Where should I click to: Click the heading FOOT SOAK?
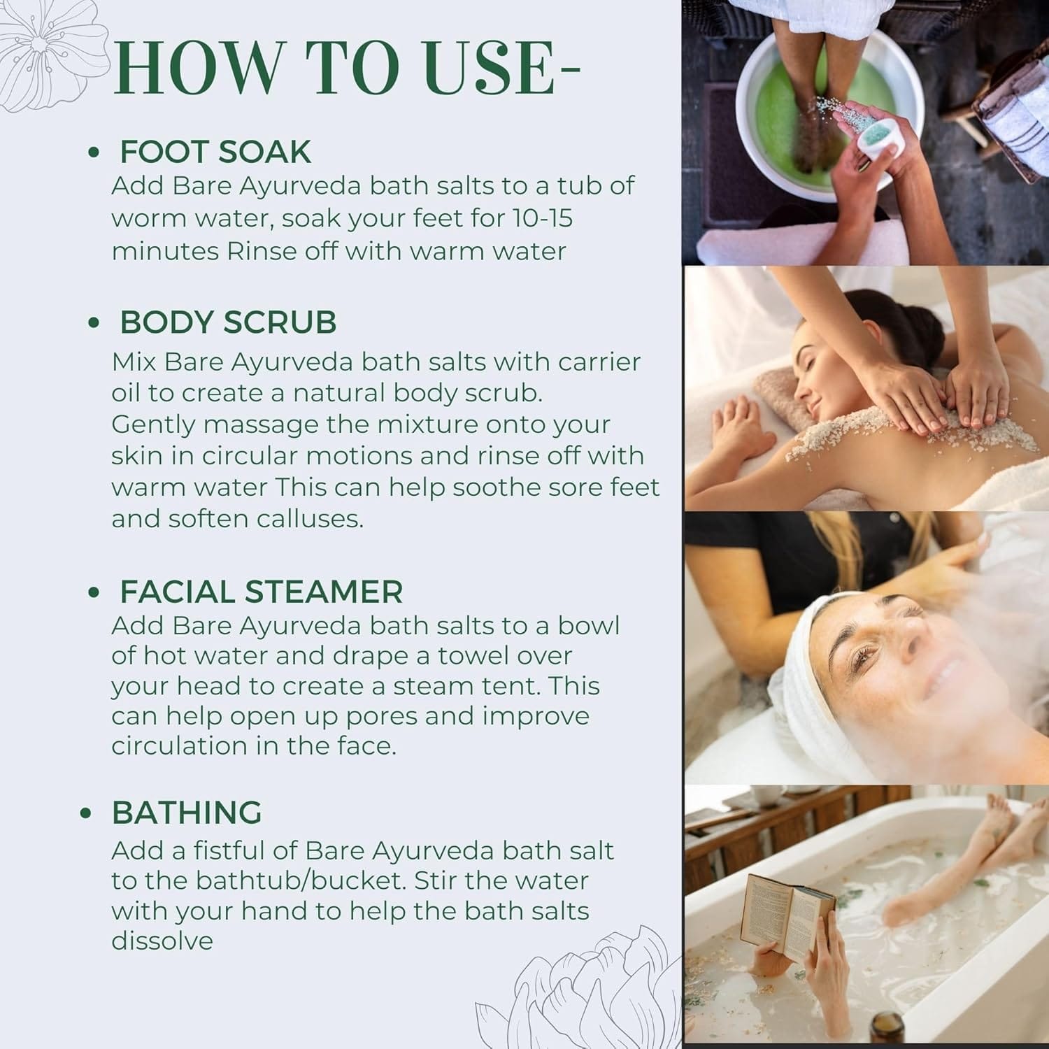pos(215,152)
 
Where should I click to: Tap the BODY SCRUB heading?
pos(228,322)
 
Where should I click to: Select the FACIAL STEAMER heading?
pos(262,592)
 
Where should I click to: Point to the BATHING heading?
pos(187,813)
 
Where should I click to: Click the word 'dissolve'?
pos(162,941)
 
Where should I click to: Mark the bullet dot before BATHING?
pos(86,814)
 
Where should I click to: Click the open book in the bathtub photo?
pos(787,916)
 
